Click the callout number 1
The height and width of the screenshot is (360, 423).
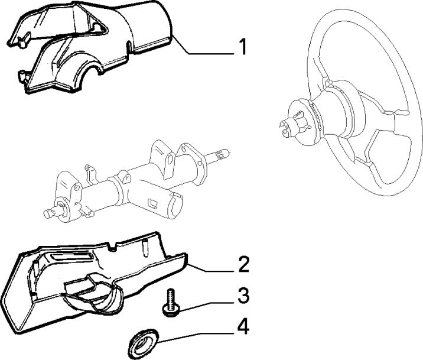[x=241, y=47]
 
